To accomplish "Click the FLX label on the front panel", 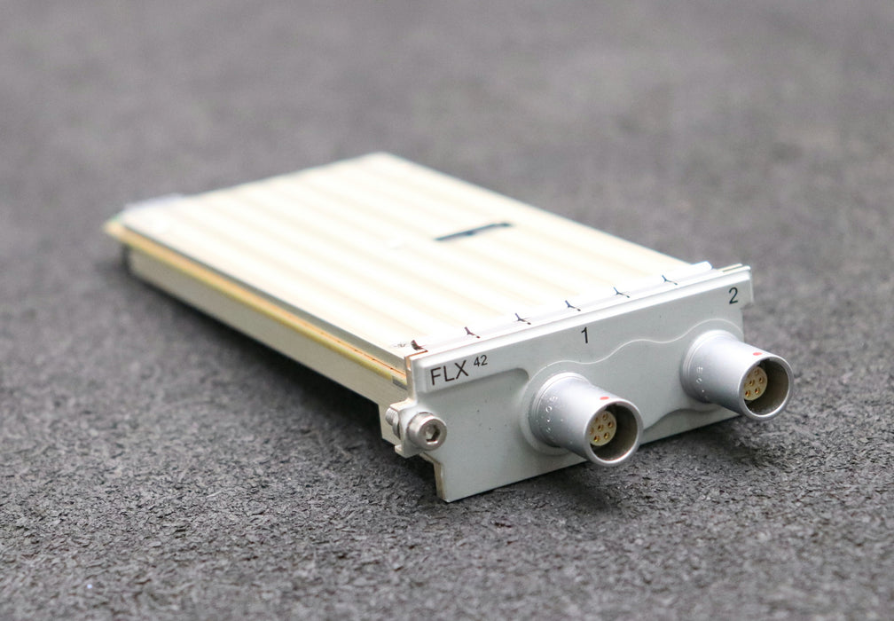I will coord(449,375).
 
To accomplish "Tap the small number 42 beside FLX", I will coord(480,360).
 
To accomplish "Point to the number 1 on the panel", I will coord(584,334).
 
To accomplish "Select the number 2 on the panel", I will coord(733,296).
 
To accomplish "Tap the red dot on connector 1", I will coord(602,400).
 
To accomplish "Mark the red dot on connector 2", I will coord(756,353).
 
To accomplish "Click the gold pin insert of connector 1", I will coord(603,428).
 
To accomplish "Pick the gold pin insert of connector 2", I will coord(755,382).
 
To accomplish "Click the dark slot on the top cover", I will coord(474,232).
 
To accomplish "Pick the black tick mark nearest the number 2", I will coord(668,280).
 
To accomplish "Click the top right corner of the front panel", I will coord(747,269).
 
